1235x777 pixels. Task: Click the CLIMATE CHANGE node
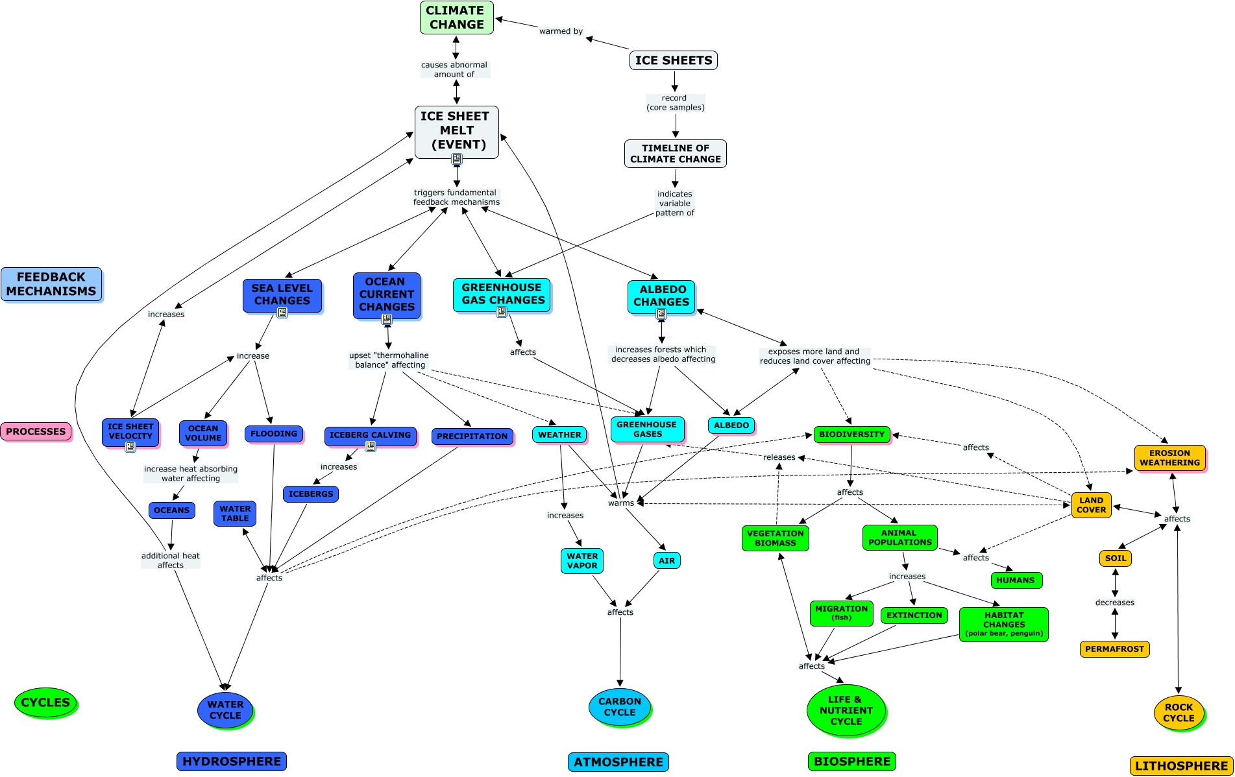click(x=457, y=18)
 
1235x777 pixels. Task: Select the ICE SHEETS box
click(x=674, y=60)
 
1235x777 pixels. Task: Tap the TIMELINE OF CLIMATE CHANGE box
click(x=676, y=154)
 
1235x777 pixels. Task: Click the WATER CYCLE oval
click(x=225, y=710)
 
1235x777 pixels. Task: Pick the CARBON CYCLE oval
click(x=620, y=707)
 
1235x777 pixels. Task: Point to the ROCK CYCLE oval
click(x=1179, y=713)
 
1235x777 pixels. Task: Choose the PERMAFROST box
click(x=1114, y=649)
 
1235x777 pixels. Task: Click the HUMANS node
click(x=1016, y=580)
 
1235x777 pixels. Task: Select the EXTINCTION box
click(x=914, y=616)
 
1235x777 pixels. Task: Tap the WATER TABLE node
click(x=235, y=514)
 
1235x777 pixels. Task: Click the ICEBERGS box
click(x=311, y=494)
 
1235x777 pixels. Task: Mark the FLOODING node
click(x=274, y=434)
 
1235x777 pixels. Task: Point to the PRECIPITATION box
click(x=472, y=436)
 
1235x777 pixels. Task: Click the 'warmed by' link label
click(x=561, y=31)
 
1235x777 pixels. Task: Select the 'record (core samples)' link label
click(x=675, y=102)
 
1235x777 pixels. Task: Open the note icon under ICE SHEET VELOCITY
click(x=130, y=447)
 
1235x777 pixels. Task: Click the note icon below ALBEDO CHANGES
click(x=661, y=314)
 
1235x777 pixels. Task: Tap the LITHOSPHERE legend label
click(x=1181, y=766)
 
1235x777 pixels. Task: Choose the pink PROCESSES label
click(x=36, y=431)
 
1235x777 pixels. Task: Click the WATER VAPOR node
click(x=582, y=561)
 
